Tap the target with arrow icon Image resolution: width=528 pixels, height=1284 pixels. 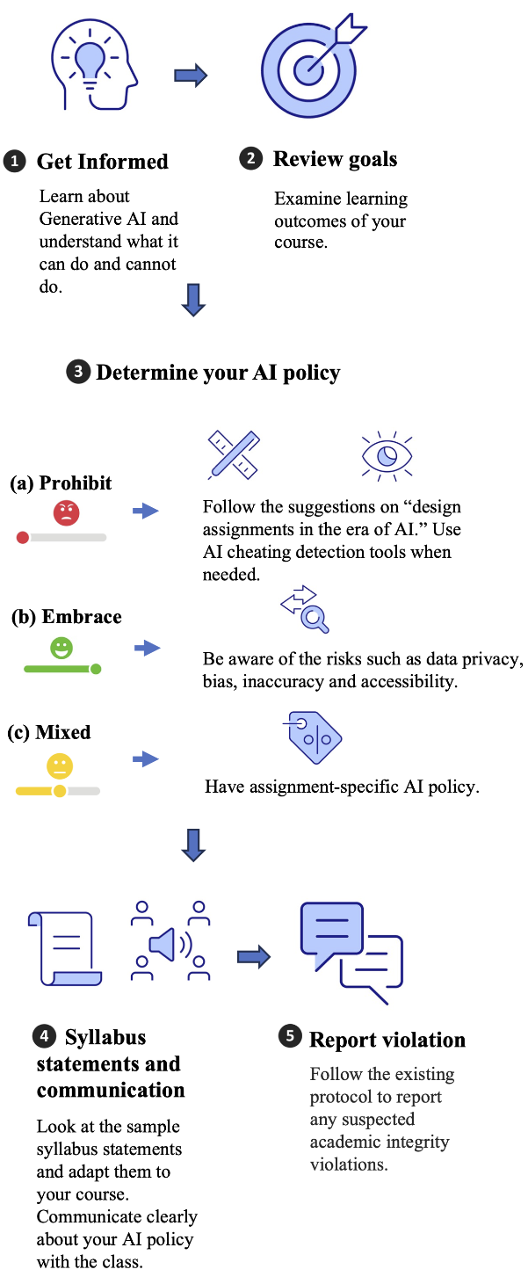310,67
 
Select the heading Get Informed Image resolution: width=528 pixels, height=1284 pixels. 102,162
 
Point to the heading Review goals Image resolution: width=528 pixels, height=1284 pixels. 335,159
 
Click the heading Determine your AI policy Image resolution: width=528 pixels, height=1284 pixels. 218,373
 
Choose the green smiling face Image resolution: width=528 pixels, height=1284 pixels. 61,649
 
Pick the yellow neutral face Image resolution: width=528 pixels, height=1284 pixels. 60,765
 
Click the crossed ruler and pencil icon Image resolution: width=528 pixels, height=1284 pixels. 234,453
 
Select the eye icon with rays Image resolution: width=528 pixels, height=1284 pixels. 387,454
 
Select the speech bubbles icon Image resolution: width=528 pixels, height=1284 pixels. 351,950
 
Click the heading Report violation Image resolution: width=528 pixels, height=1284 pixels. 387,1040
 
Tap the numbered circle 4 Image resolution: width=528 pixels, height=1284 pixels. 44,1037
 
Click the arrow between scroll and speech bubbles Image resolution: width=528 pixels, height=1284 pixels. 253,957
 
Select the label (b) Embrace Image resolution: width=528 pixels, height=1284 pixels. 67,617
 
